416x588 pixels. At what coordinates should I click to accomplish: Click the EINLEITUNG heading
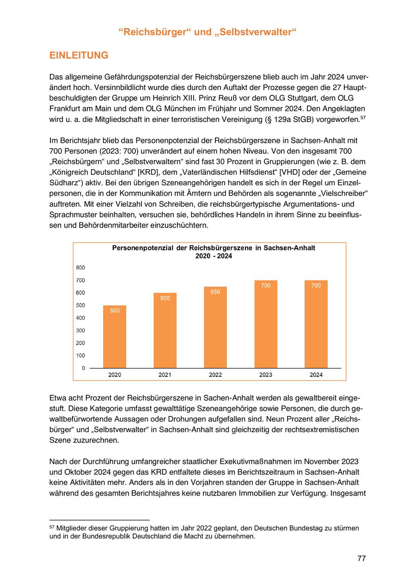click(79, 55)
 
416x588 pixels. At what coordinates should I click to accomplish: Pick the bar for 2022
click(215, 327)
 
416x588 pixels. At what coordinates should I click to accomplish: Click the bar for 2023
click(266, 324)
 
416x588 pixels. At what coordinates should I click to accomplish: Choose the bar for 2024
click(316, 324)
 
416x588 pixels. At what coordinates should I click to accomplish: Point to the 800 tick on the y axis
click(80, 268)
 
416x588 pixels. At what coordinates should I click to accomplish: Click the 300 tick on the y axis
click(80, 331)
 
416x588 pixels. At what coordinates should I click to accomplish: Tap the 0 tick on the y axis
click(83, 368)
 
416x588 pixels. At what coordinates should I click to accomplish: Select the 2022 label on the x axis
click(215, 375)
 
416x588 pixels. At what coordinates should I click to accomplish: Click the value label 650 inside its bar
click(215, 292)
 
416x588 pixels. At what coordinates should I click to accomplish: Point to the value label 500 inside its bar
click(115, 311)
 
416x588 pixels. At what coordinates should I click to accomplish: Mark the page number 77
click(361, 558)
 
